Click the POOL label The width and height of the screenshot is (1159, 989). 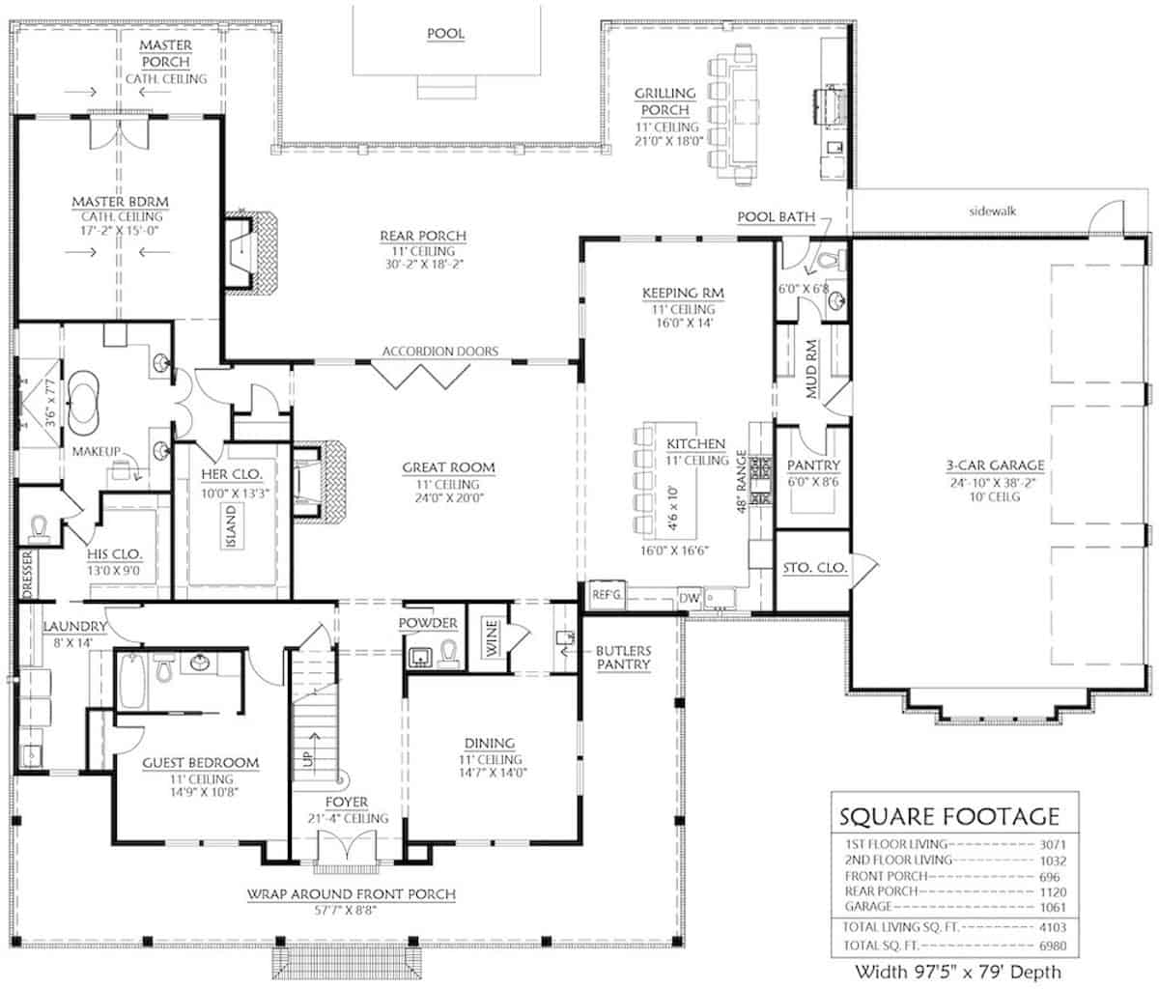(x=446, y=34)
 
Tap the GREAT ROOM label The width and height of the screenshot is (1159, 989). (x=448, y=467)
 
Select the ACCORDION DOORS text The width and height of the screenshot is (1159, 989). (x=440, y=352)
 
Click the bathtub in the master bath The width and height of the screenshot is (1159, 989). (x=84, y=402)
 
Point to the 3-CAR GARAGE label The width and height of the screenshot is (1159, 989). (x=995, y=466)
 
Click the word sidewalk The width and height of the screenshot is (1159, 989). (x=993, y=212)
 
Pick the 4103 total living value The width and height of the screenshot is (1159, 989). (x=1053, y=927)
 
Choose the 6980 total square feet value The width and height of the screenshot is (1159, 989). (x=1053, y=946)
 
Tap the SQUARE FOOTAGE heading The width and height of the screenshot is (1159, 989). (x=949, y=817)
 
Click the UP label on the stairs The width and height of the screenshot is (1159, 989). (x=309, y=758)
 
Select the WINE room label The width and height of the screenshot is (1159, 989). (x=492, y=638)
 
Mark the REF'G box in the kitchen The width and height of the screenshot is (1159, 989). (x=607, y=594)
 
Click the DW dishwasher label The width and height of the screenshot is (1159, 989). (x=689, y=598)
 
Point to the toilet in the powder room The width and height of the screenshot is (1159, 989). (x=448, y=653)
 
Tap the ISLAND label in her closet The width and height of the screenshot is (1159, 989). (x=231, y=526)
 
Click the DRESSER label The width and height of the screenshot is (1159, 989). (x=28, y=574)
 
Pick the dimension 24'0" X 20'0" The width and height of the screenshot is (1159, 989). (x=449, y=497)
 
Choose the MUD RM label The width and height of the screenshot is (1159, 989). (x=811, y=369)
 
